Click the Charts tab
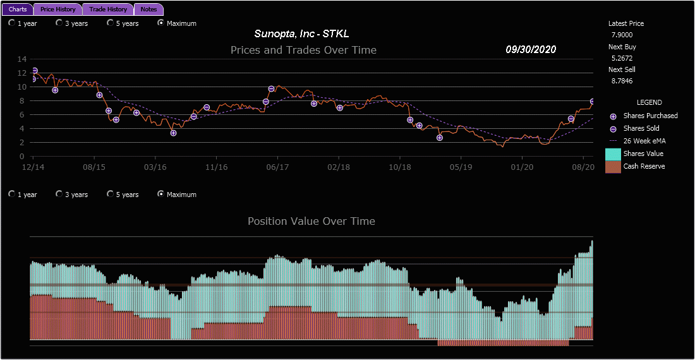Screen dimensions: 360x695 [18, 9]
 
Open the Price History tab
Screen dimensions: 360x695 [57, 9]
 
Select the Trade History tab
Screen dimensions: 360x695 [107, 9]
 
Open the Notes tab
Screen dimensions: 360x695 [149, 9]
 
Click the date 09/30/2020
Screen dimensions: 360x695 [531, 49]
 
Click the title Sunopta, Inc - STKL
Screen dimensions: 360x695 [301, 33]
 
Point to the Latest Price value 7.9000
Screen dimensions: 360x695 [622, 35]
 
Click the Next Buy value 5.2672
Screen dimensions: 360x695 [622, 57]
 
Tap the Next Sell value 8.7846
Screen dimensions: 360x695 [622, 81]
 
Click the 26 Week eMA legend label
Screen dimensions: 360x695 [644, 141]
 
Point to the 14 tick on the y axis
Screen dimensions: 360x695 [22, 59]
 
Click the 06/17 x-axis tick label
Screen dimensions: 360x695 [277, 167]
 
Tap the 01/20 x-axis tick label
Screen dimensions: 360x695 [522, 167]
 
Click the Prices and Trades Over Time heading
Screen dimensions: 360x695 [303, 50]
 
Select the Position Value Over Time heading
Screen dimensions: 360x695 [311, 221]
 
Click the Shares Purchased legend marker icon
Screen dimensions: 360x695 [613, 116]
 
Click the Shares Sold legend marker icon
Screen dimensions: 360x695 [613, 129]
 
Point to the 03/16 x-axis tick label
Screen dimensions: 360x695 [155, 167]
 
